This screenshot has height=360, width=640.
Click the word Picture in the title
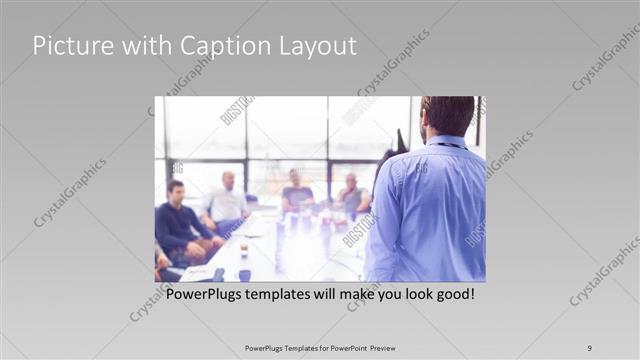pos(68,46)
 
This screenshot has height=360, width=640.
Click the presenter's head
pos(447,115)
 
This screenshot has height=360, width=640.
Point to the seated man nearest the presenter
pos(351,195)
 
